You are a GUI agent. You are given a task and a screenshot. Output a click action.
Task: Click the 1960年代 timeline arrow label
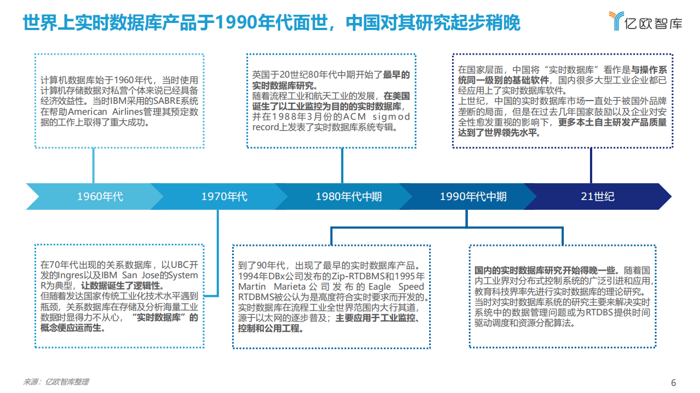[100, 197]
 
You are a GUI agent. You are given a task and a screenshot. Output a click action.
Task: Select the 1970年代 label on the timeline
[224, 197]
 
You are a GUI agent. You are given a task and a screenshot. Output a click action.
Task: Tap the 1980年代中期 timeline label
[349, 197]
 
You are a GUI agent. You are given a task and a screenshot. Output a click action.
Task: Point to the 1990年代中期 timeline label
[473, 197]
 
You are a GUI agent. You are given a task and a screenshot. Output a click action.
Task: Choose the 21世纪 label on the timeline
[597, 197]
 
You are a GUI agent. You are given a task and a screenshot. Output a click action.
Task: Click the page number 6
[674, 383]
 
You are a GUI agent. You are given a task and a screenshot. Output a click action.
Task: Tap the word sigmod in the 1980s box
[392, 117]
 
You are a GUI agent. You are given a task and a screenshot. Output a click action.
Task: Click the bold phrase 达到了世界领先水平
[499, 133]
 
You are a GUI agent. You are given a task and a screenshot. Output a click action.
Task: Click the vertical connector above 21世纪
[591, 166]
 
